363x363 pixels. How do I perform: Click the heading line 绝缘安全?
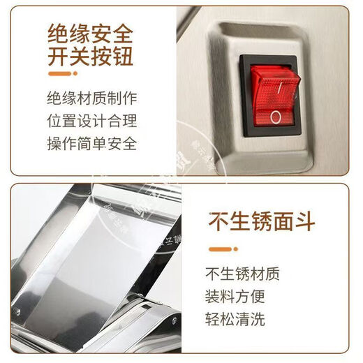tap(89, 33)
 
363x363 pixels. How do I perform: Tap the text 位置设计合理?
tap(91, 120)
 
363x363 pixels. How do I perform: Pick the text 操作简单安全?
tap(91, 144)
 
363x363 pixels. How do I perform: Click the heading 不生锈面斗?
tap(262, 220)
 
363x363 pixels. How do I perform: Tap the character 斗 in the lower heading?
tap(305, 220)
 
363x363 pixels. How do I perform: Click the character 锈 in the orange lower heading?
tap(262, 220)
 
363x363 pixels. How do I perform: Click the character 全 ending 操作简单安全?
tap(128, 144)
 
